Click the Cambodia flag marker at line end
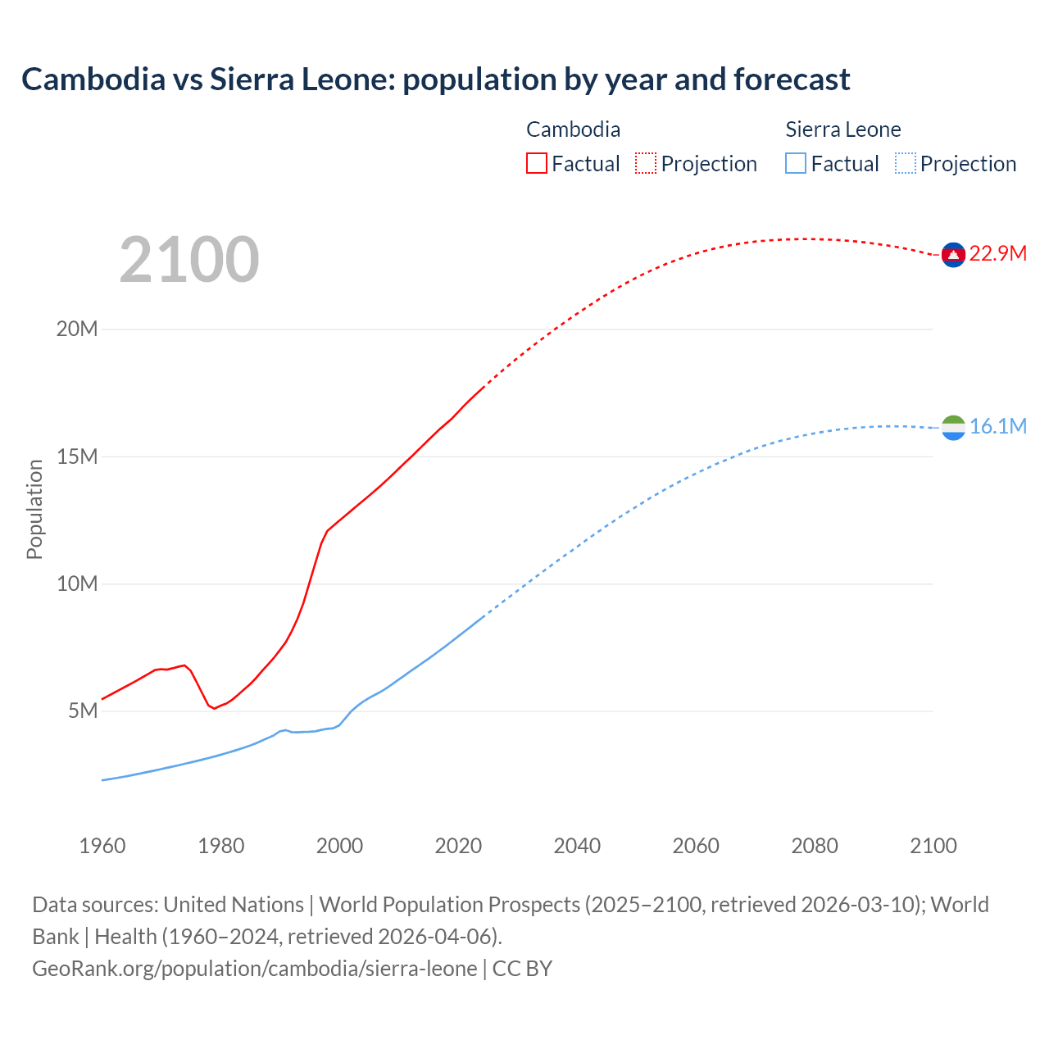tap(953, 255)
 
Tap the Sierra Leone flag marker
tap(953, 427)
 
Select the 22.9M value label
tap(997, 253)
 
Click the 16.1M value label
tap(997, 426)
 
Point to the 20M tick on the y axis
tap(77, 329)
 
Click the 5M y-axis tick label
tap(83, 711)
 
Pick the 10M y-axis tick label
tap(77, 584)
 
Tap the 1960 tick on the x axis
tap(102, 846)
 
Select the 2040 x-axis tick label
tap(577, 846)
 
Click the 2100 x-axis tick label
tap(933, 846)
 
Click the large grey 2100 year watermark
tap(189, 260)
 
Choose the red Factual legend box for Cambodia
tap(536, 164)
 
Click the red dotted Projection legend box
tap(645, 164)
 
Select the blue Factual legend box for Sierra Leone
tap(795, 164)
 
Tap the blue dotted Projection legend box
tap(905, 164)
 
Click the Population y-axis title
tap(34, 509)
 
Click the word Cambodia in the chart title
tap(93, 79)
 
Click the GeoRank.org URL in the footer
tap(254, 969)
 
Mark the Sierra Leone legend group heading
tap(842, 129)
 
